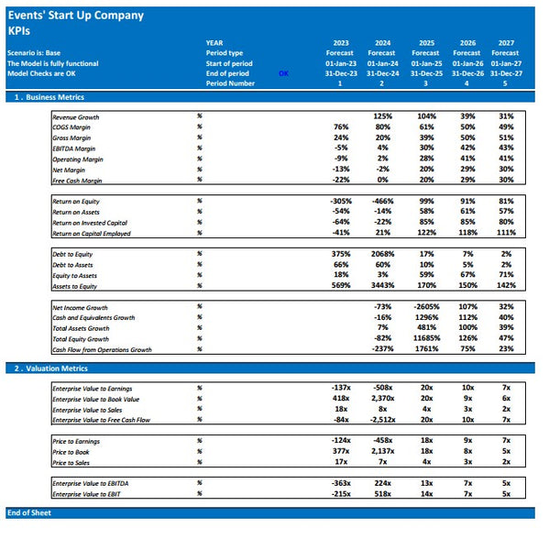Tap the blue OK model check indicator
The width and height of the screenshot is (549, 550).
click(x=283, y=73)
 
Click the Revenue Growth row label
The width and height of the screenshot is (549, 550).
click(x=76, y=117)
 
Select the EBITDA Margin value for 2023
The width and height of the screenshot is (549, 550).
click(x=342, y=148)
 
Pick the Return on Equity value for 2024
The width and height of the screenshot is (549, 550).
click(x=383, y=201)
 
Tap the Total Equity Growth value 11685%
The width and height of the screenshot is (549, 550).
click(x=424, y=338)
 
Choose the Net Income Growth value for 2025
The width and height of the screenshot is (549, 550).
click(x=425, y=307)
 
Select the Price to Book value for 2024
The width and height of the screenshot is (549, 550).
click(x=382, y=452)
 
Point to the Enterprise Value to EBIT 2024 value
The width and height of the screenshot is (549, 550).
click(x=383, y=494)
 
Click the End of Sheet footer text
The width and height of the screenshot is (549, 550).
click(x=29, y=512)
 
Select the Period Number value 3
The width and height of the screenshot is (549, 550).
click(x=425, y=83)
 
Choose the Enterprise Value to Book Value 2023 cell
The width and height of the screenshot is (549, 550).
click(x=341, y=399)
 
